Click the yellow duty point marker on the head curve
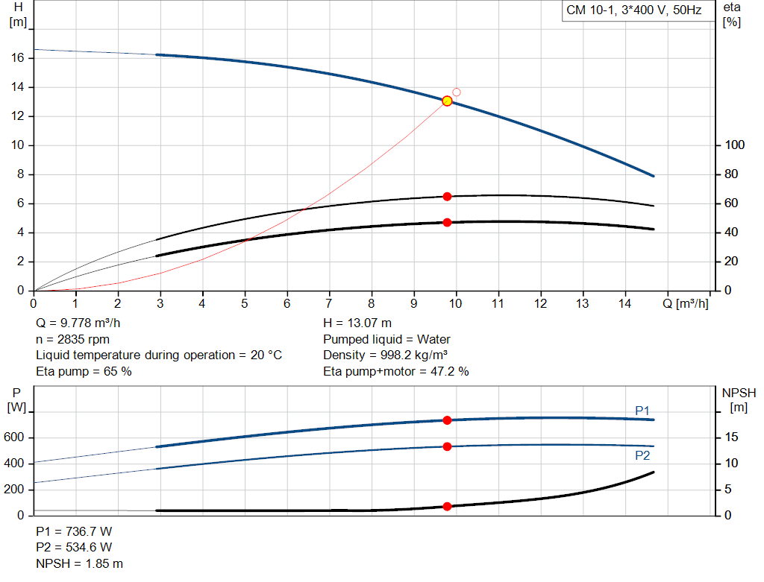coord(447,101)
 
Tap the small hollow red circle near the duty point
coord(457,92)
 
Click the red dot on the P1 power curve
coord(447,420)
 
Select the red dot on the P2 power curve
coord(447,446)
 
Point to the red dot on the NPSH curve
coord(447,506)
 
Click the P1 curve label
coord(642,411)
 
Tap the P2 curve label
coord(642,455)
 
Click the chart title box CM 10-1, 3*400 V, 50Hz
coord(633,11)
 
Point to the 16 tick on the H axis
coord(20,58)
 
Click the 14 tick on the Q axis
coord(624,303)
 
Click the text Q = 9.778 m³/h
coord(79,323)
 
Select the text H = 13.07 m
coord(357,323)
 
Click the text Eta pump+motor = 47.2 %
coord(395,371)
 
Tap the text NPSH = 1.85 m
coord(79,563)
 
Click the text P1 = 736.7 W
coord(74,531)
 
